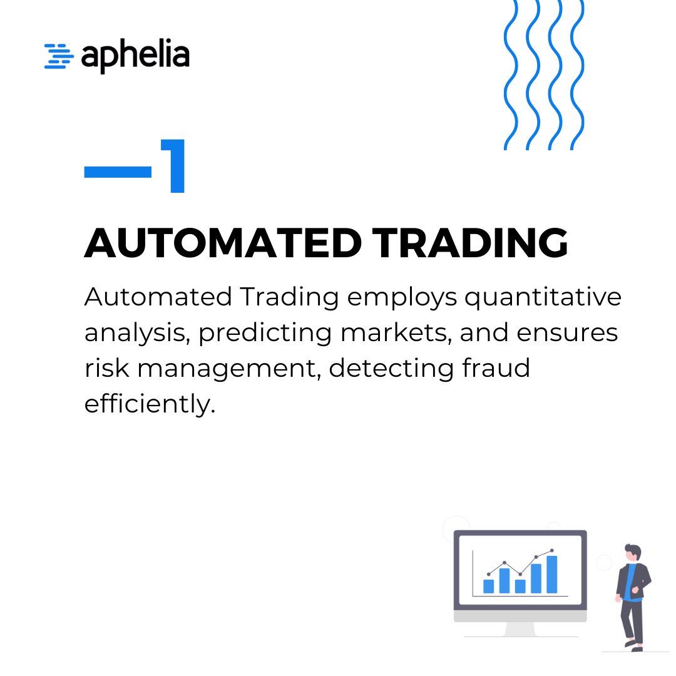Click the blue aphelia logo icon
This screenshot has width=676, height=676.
click(58, 56)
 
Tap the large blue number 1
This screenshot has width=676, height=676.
click(173, 166)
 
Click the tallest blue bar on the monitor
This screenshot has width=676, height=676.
click(551, 574)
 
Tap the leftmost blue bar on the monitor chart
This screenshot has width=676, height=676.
click(489, 586)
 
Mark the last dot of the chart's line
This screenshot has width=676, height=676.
click(551, 551)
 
